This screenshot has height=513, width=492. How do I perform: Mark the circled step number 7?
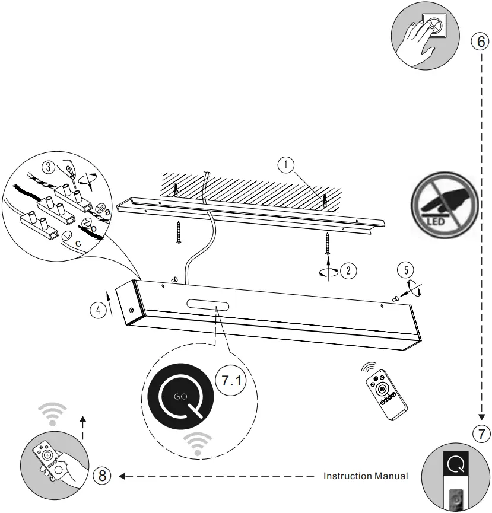click(x=481, y=434)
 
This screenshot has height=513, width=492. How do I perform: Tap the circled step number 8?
click(x=103, y=475)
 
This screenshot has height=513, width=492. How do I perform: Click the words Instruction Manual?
click(x=366, y=476)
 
